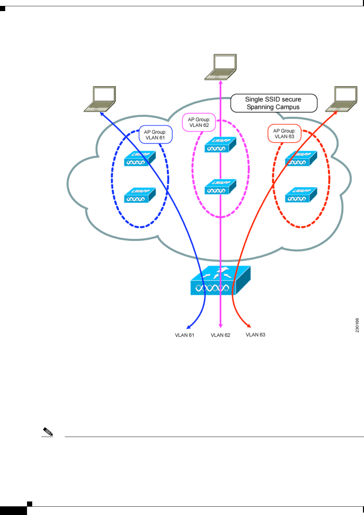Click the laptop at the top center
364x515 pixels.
(221, 67)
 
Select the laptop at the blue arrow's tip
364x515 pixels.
(100, 99)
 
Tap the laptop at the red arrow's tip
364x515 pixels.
(341, 99)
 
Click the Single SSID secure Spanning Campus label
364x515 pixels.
(274, 103)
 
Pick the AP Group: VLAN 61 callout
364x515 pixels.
(156, 135)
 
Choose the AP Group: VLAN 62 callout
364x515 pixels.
(199, 122)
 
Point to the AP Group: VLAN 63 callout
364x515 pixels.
(284, 134)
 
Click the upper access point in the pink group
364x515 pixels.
(220, 145)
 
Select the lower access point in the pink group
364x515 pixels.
(220, 187)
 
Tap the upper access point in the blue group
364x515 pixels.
(140, 159)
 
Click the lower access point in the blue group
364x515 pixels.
(140, 195)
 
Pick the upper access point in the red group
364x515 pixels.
(301, 159)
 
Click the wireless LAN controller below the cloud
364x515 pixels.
(221, 281)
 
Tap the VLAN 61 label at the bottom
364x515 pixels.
(185, 335)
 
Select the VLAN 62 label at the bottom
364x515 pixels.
(221, 335)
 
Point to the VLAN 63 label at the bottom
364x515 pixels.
(256, 335)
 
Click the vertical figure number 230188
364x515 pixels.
(357, 325)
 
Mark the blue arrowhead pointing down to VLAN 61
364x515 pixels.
(188, 326)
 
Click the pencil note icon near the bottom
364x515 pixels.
(48, 432)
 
